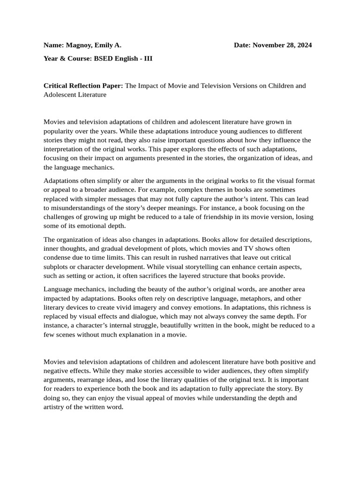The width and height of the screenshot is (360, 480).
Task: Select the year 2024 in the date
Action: [x=303, y=45]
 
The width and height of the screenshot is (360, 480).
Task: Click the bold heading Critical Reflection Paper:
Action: [x=83, y=86]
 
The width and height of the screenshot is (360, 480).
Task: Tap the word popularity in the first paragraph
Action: [x=60, y=131]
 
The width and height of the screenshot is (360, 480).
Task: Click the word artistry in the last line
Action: [x=55, y=407]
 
